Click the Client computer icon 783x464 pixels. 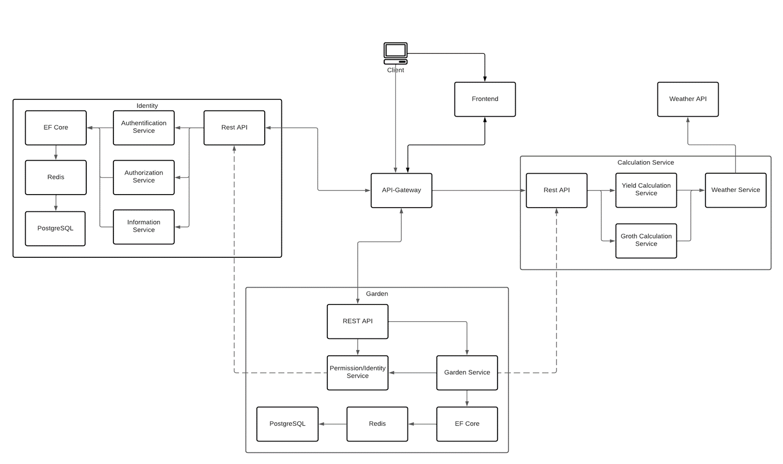(x=395, y=53)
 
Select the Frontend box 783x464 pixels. (x=485, y=99)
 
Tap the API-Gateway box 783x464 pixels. (x=401, y=190)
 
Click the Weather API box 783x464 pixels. (x=687, y=99)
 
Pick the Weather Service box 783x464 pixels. (x=735, y=190)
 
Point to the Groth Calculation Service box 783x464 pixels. (x=646, y=241)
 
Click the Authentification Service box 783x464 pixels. (x=143, y=128)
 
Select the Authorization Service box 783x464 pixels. (x=143, y=177)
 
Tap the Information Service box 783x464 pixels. (x=143, y=227)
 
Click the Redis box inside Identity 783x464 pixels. (x=55, y=177)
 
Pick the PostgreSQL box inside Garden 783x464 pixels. (x=287, y=424)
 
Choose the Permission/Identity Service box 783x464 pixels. (x=357, y=372)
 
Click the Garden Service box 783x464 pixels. (x=467, y=372)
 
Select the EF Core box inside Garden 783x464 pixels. (x=467, y=424)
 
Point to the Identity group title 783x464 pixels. (x=147, y=106)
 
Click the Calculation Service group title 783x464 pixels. (x=645, y=163)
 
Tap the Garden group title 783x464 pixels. (x=377, y=294)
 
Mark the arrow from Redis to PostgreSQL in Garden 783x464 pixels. (x=332, y=424)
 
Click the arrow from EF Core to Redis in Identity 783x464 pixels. (x=56, y=153)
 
